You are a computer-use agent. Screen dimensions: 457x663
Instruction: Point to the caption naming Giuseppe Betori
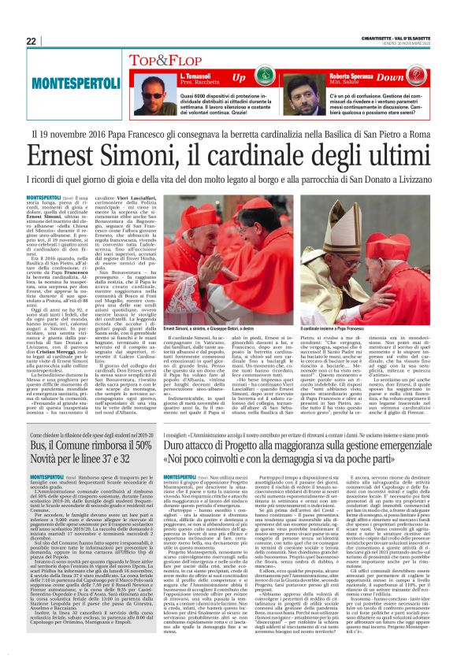222,281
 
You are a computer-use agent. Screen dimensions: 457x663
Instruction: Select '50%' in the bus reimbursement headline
141,466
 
